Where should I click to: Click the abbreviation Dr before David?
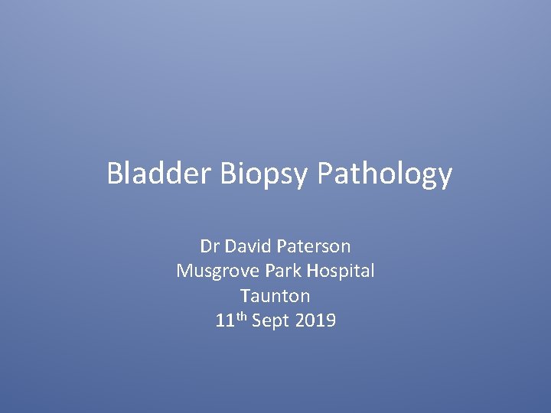click(209, 246)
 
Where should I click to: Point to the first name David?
click(248, 246)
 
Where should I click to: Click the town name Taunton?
click(275, 295)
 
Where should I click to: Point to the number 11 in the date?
click(224, 320)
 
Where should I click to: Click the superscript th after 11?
click(240, 317)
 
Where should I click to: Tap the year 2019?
click(315, 320)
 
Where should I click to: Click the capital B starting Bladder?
click(115, 174)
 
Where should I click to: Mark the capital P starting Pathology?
click(324, 174)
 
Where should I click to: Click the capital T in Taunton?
click(245, 295)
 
